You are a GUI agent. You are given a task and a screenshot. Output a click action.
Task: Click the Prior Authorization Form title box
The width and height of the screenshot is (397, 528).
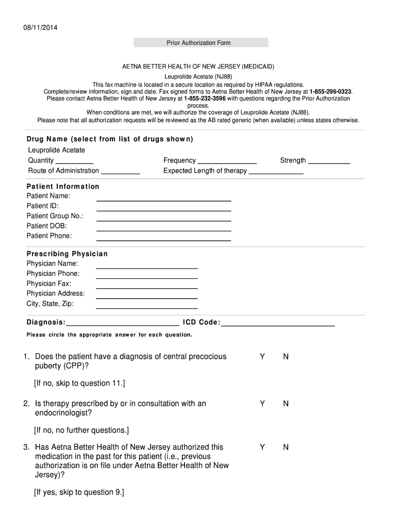tap(198, 42)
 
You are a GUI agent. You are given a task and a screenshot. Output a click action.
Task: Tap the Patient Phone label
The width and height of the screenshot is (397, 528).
tap(49, 236)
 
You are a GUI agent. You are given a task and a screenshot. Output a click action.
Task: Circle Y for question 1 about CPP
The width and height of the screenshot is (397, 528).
tap(262, 357)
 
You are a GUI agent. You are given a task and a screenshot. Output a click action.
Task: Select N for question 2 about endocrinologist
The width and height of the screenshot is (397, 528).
tap(286, 404)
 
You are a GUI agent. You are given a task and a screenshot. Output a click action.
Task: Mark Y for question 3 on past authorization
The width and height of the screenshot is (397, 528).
tap(262, 448)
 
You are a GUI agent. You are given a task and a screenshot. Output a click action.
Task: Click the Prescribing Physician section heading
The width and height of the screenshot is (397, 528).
tap(67, 254)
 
